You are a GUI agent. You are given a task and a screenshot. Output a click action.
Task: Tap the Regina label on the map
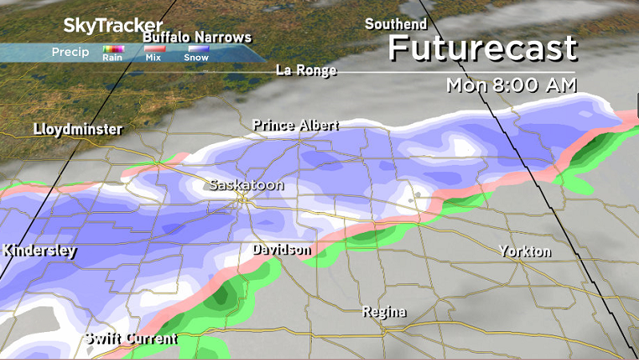(x=384, y=311)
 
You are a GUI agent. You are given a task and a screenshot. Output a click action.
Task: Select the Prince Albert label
(x=295, y=126)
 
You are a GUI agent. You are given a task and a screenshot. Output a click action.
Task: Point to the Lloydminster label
(x=78, y=130)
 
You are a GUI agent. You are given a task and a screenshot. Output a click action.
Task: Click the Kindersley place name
(x=39, y=250)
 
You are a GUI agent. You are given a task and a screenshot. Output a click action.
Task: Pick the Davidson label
(x=281, y=250)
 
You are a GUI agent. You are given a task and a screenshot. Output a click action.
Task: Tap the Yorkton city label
(x=525, y=251)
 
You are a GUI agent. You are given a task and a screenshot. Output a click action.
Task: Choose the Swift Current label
(x=131, y=338)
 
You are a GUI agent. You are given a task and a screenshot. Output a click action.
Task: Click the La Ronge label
(x=306, y=70)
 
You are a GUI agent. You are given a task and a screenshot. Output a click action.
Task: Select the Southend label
(x=397, y=24)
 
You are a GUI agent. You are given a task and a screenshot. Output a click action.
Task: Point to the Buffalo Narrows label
(x=197, y=38)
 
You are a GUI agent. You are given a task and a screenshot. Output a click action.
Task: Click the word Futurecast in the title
(x=481, y=49)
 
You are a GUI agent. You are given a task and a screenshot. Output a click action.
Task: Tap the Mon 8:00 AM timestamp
(x=512, y=85)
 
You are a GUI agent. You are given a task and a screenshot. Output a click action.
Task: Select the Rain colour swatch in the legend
(x=111, y=50)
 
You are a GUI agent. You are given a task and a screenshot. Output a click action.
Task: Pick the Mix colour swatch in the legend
(x=153, y=50)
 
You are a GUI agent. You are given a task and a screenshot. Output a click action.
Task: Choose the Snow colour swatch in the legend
(x=197, y=50)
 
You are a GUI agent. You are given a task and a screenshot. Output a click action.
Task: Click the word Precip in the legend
(x=70, y=52)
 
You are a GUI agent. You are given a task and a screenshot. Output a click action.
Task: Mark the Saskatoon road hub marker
(x=241, y=200)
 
